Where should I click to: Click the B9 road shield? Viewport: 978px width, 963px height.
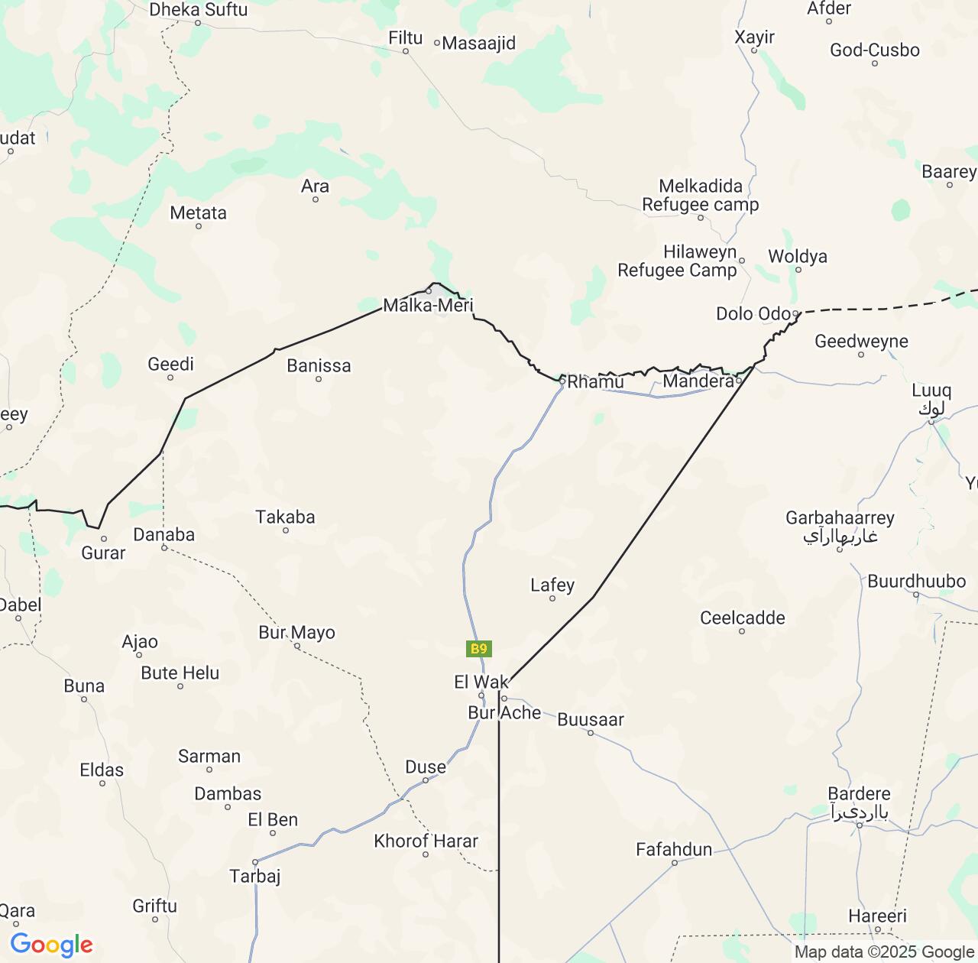click(478, 649)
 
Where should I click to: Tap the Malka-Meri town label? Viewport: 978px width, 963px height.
click(428, 306)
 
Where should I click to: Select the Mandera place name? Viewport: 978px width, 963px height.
click(698, 381)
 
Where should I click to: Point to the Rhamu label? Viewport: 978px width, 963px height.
click(595, 381)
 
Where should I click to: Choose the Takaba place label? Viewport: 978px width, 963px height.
click(285, 517)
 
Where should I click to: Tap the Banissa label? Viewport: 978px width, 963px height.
click(319, 366)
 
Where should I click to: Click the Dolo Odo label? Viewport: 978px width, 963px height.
click(753, 313)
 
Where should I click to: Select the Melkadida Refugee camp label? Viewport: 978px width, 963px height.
click(701, 196)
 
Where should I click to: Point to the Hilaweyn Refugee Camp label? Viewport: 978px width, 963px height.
click(677, 261)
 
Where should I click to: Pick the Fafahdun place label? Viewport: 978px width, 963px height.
click(674, 849)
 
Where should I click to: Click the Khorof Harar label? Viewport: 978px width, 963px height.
click(426, 841)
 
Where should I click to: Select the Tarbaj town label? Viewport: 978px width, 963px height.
click(255, 876)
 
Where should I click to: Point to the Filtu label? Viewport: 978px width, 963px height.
click(405, 37)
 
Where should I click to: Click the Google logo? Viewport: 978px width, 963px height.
click(51, 945)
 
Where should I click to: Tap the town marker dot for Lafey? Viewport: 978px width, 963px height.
click(552, 598)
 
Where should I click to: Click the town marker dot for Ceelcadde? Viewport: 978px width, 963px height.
click(742, 631)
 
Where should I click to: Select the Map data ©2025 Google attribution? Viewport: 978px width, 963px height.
click(884, 952)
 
